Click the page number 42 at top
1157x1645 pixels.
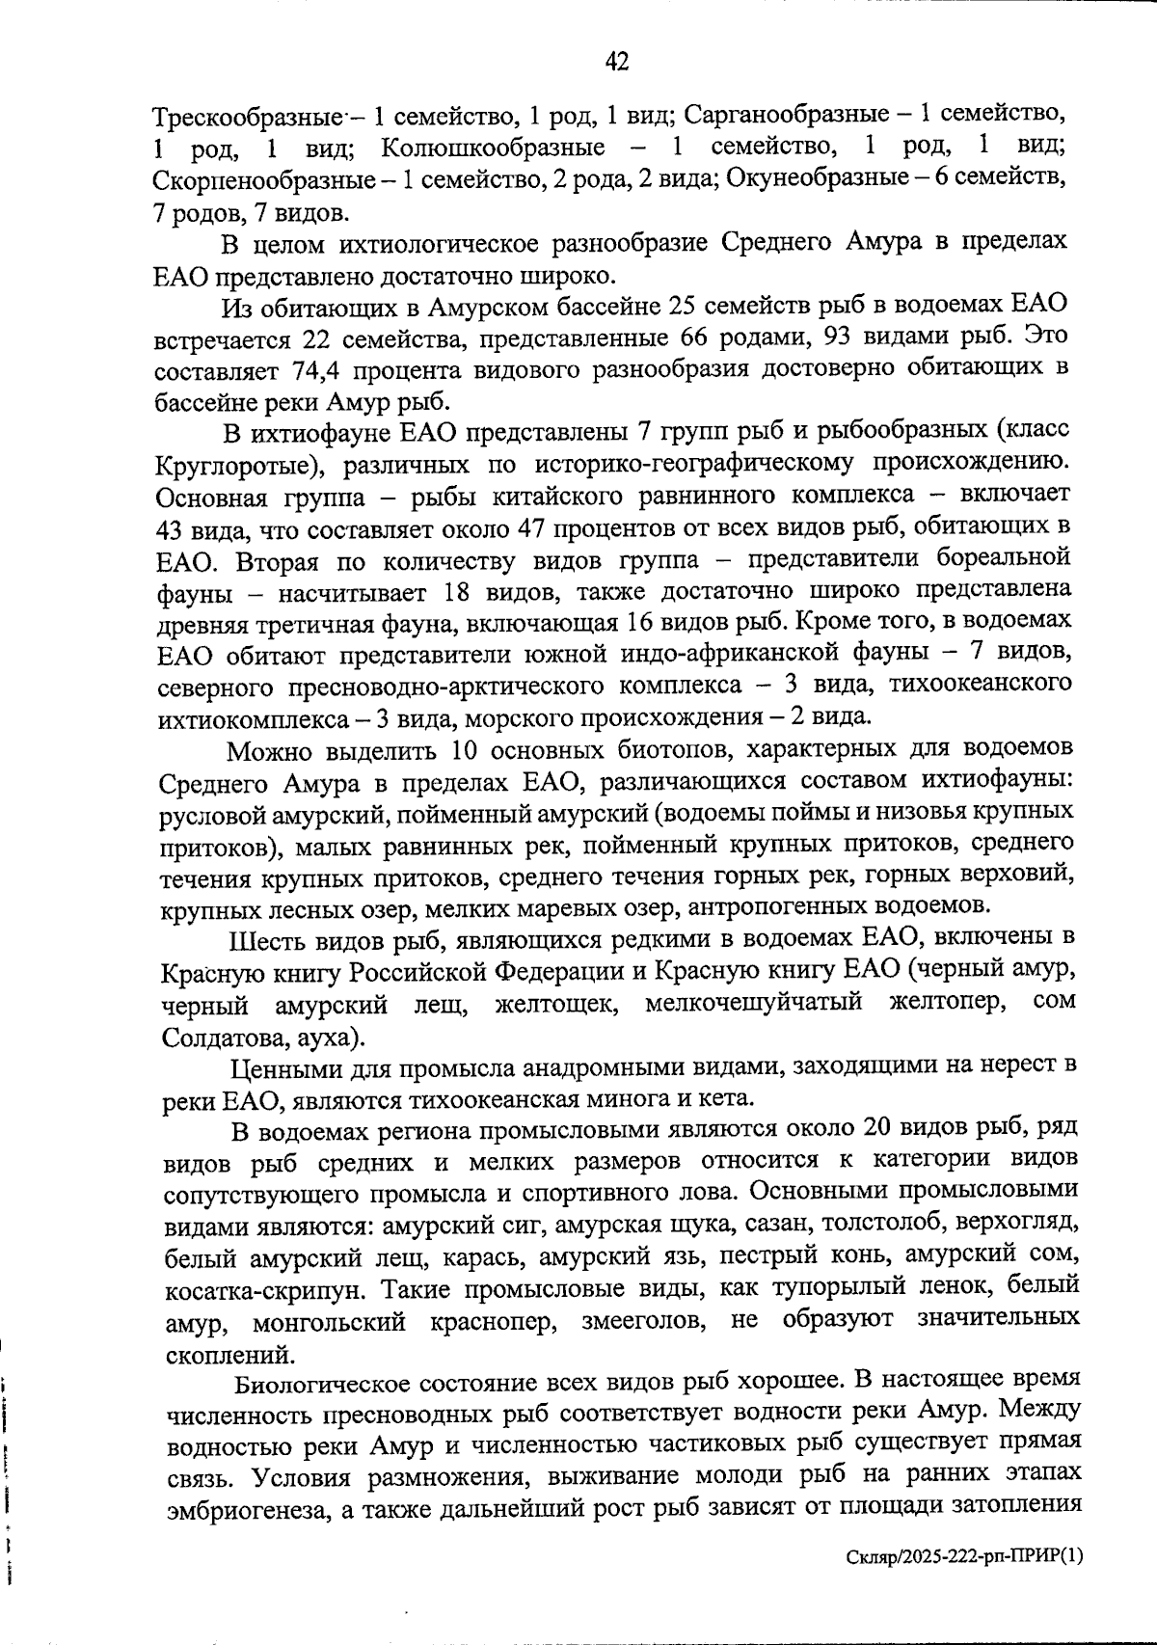[617, 63]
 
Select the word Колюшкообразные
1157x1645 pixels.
[493, 148]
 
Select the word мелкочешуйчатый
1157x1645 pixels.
[753, 1003]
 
